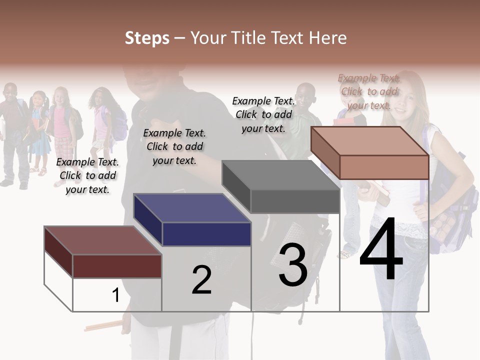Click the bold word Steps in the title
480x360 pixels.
147,38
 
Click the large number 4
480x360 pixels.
381,250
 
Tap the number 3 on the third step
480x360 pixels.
293,265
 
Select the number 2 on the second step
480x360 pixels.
201,280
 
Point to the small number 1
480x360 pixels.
115,295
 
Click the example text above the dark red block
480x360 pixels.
87,175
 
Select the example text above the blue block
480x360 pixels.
174,146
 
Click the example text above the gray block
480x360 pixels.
263,114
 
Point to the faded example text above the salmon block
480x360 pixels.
369,91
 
